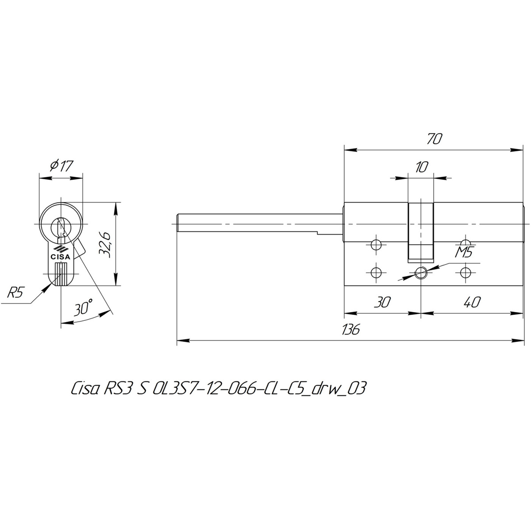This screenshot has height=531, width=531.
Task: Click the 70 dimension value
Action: pyautogui.click(x=434, y=139)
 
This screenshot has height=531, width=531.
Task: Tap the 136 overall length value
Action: pyautogui.click(x=351, y=329)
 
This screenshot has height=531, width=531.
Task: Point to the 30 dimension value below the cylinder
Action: pyautogui.click(x=382, y=302)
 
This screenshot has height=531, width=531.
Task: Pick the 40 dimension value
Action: pyautogui.click(x=472, y=302)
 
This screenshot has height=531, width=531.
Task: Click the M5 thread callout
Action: pyautogui.click(x=464, y=252)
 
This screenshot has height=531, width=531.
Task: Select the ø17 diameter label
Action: pyautogui.click(x=61, y=165)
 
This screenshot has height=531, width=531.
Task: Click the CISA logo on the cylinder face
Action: pyautogui.click(x=61, y=253)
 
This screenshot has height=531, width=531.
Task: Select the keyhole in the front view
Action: pyautogui.click(x=61, y=227)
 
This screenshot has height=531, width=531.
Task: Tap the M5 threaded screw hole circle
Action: pyautogui.click(x=421, y=273)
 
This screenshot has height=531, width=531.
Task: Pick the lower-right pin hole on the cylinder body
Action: pyautogui.click(x=466, y=273)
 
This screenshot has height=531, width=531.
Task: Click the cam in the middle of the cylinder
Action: pyautogui.click(x=420, y=232)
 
